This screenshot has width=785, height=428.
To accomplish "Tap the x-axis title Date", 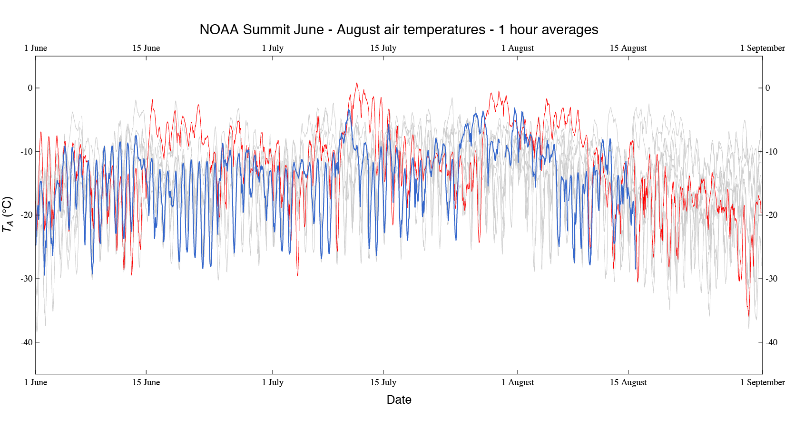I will [x=399, y=399].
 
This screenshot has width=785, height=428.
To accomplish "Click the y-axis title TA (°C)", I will [x=8, y=214].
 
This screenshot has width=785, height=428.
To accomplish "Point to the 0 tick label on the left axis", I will [x=30, y=88].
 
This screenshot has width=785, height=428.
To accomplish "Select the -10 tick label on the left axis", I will [x=27, y=152].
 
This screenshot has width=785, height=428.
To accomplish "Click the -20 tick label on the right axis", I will [x=771, y=215].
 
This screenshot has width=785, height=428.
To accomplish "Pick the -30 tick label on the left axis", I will [x=27, y=279].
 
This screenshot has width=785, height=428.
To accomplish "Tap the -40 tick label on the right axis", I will [x=771, y=342].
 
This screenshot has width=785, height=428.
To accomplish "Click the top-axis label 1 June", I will [x=36, y=48].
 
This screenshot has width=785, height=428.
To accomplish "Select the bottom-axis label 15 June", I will [x=146, y=382].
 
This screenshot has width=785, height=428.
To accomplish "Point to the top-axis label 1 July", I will [x=273, y=48].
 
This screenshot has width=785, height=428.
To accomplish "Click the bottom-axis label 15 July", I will [x=383, y=382].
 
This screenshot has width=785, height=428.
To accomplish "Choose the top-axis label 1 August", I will [x=518, y=48].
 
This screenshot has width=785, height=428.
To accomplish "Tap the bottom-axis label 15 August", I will [x=628, y=382].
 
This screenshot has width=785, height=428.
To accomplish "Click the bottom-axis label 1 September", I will [x=762, y=382].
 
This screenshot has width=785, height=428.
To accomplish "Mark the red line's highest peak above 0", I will [x=357, y=83].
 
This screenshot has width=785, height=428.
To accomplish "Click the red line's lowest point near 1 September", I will [x=748, y=316].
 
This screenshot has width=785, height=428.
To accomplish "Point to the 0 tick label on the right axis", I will [x=767, y=88].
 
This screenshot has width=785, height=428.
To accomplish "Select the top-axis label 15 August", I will [x=628, y=48].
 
